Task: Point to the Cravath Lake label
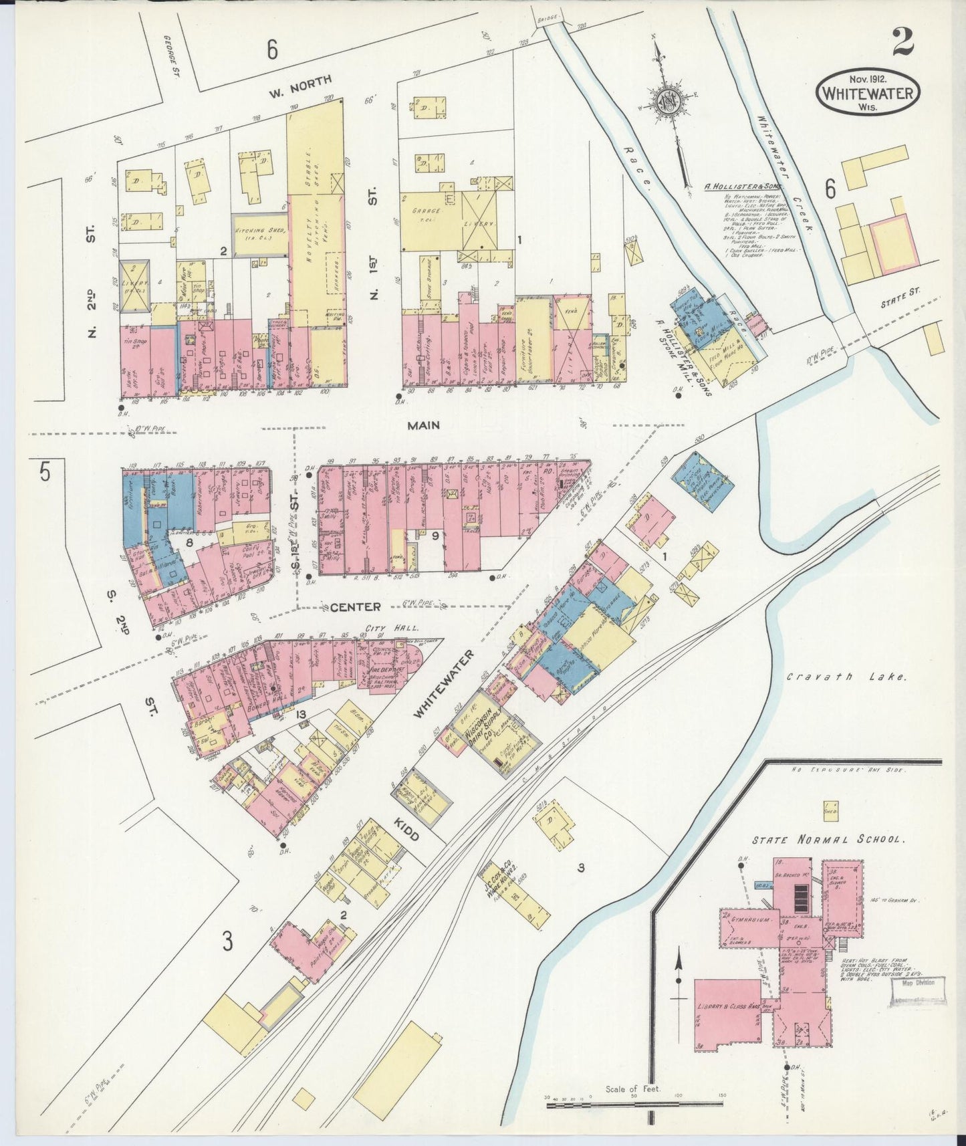click(846, 677)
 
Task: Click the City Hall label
click(400, 629)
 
